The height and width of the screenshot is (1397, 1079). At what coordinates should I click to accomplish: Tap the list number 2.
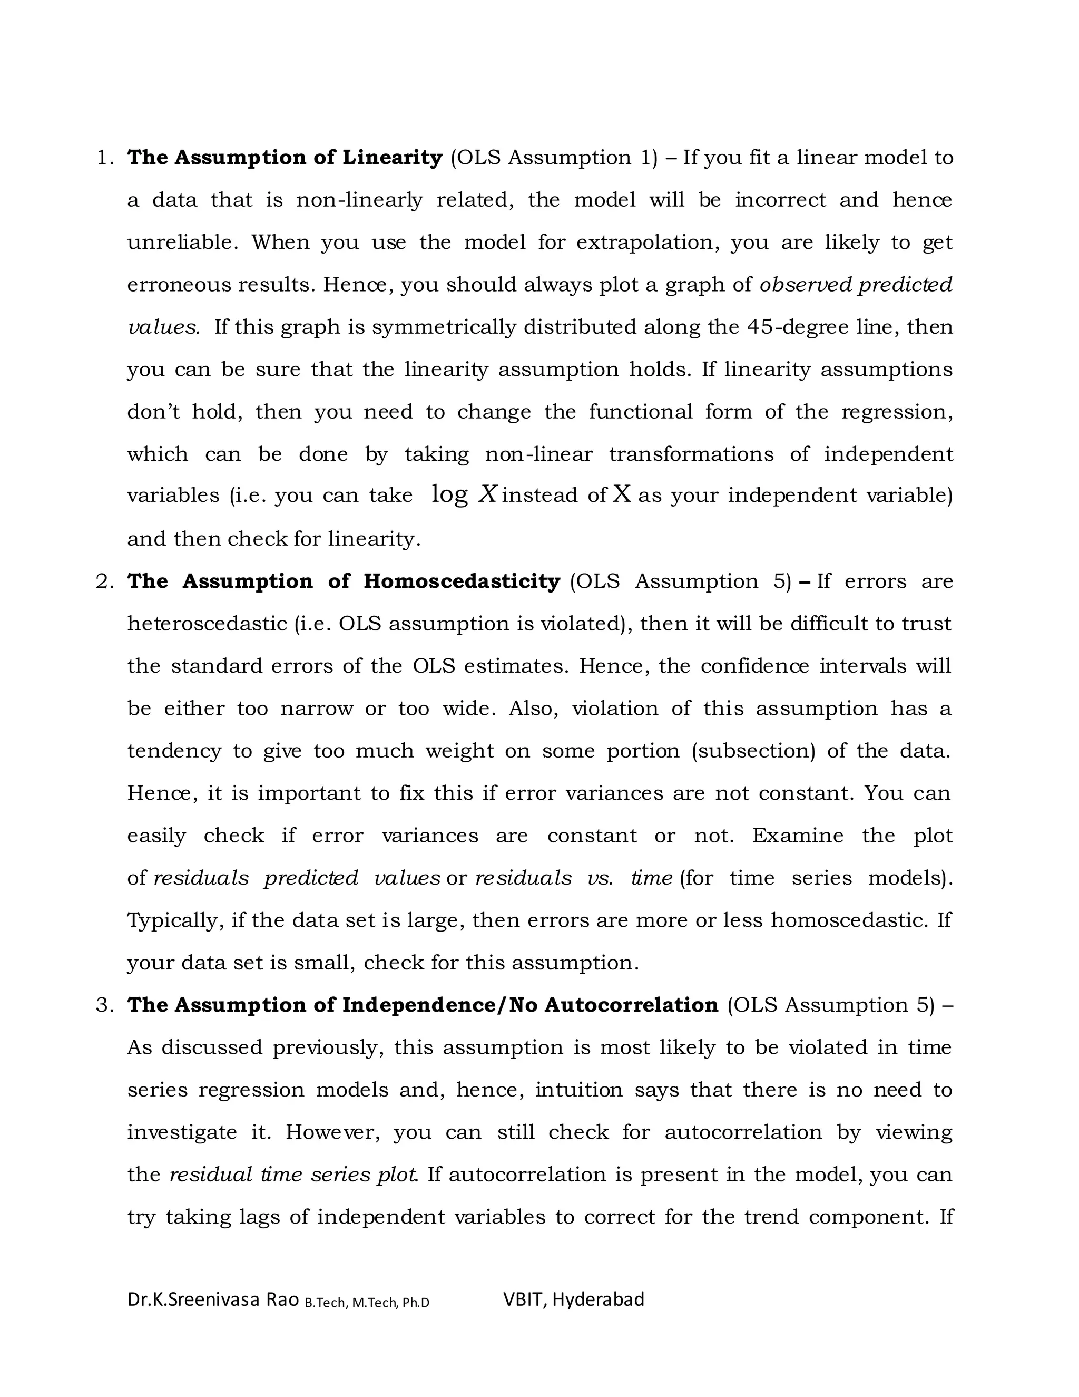click(104, 581)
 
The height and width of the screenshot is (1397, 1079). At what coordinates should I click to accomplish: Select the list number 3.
click(104, 1005)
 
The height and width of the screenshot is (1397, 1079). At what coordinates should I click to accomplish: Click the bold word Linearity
click(392, 157)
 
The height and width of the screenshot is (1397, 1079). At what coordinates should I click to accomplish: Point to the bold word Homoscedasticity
click(462, 581)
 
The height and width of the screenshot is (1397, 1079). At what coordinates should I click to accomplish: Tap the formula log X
click(464, 494)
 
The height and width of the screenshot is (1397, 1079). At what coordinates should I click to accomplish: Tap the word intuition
click(578, 1090)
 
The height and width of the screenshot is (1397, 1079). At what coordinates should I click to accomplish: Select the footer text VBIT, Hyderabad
click(573, 1299)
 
